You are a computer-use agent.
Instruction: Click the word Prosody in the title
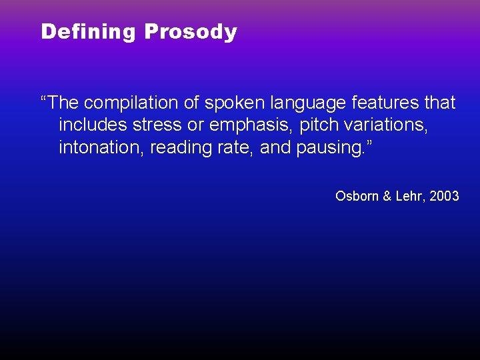click(x=191, y=32)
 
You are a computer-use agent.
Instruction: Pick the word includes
click(x=95, y=125)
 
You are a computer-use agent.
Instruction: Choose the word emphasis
click(x=251, y=125)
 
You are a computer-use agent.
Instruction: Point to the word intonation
click(x=101, y=147)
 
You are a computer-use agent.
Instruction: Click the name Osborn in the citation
click(x=357, y=196)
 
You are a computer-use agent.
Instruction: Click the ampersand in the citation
click(x=386, y=196)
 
